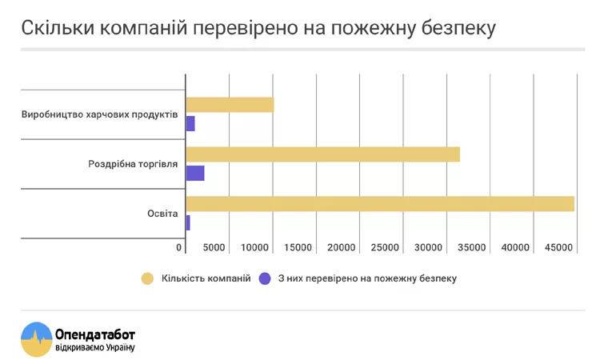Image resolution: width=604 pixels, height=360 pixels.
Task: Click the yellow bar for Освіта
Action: pyautogui.click(x=380, y=204)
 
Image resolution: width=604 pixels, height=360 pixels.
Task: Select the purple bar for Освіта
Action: pyautogui.click(x=188, y=222)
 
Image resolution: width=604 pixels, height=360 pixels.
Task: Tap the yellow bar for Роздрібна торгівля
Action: pyautogui.click(x=322, y=154)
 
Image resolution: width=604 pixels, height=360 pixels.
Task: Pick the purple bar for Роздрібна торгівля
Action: pyautogui.click(x=195, y=173)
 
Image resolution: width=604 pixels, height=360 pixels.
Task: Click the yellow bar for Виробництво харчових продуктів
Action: pyautogui.click(x=230, y=105)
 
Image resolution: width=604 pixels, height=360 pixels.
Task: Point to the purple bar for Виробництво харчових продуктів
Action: pyautogui.click(x=190, y=123)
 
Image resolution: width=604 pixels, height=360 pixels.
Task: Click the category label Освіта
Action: pyautogui.click(x=162, y=214)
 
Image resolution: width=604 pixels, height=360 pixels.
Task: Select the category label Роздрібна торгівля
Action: pyautogui.click(x=133, y=164)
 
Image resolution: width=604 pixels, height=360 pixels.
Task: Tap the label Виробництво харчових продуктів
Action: pyautogui.click(x=99, y=114)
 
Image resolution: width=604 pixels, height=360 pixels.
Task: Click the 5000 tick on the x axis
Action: pyautogui.click(x=214, y=248)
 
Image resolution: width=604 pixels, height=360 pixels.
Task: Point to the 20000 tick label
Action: pyautogui.click(x=342, y=248)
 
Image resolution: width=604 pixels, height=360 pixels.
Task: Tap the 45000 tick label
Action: pyautogui.click(x=558, y=248)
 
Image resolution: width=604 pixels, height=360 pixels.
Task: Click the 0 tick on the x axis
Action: pyautogui.click(x=179, y=248)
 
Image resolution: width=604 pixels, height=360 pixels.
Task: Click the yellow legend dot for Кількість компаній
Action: pyautogui.click(x=147, y=278)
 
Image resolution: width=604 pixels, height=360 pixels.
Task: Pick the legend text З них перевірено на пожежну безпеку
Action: pyautogui.click(x=367, y=278)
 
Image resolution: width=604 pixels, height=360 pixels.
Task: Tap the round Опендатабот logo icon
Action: pyautogui.click(x=36, y=338)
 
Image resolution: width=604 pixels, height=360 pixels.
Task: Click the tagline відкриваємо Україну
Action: pyautogui.click(x=95, y=347)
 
